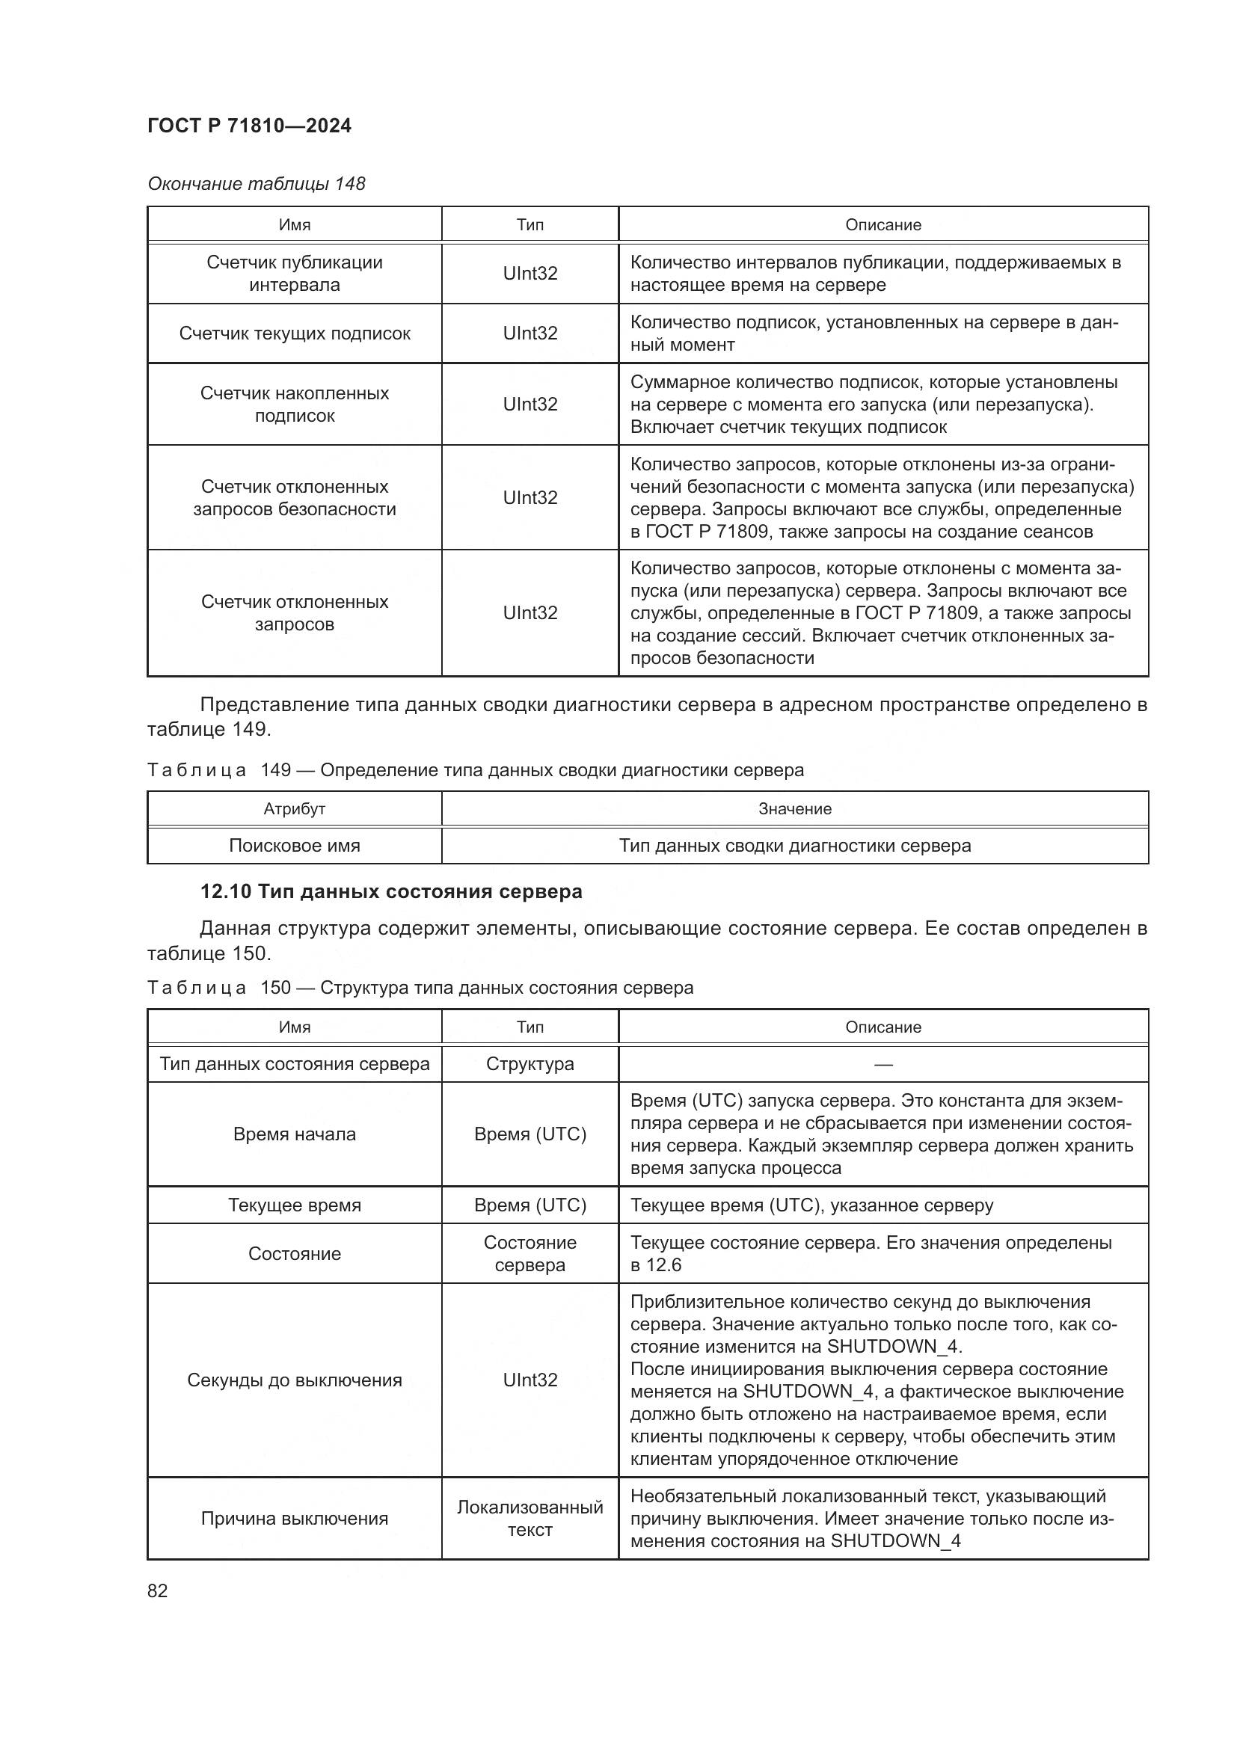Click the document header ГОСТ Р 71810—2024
coord(249,126)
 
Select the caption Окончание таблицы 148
coord(256,184)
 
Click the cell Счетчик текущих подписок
coord(295,333)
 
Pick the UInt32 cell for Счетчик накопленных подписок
coord(530,405)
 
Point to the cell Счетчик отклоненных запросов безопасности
coord(295,498)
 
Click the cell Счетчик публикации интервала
coord(295,274)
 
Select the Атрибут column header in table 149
coord(295,809)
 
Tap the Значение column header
coord(794,809)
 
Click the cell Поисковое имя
coord(295,846)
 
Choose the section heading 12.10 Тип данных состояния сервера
coord(390,891)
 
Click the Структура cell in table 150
coord(530,1064)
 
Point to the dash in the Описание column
coord(883,1064)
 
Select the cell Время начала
coord(295,1134)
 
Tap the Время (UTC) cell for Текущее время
coord(530,1205)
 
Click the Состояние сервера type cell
coord(530,1254)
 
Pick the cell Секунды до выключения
coord(295,1380)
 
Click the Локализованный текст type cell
coord(530,1518)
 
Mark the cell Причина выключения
coord(295,1518)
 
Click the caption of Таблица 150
coord(420,988)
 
